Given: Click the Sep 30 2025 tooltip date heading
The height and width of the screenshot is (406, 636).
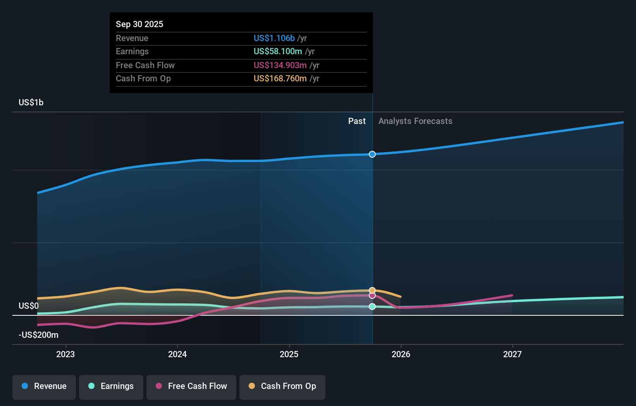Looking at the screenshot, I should (x=139, y=24).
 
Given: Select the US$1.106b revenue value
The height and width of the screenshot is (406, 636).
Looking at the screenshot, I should (x=274, y=38).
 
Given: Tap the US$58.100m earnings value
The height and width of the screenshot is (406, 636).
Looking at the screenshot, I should (x=278, y=51).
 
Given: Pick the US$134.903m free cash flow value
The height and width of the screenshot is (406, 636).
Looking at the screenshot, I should (x=280, y=65).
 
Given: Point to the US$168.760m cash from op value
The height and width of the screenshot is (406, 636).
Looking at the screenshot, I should (x=280, y=78).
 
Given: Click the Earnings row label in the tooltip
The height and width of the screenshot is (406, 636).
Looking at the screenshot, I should (x=132, y=51).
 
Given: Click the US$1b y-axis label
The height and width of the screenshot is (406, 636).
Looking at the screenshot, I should (x=31, y=102).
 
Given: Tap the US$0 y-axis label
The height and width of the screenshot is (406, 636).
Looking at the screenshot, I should (x=29, y=306).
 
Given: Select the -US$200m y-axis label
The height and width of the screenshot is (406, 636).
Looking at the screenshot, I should (x=38, y=335).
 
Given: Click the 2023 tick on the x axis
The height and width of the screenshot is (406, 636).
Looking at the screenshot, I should (x=65, y=354).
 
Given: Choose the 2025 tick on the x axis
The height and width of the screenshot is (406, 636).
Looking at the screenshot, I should (x=289, y=354).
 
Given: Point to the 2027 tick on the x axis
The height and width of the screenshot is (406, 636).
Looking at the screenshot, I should (x=512, y=354).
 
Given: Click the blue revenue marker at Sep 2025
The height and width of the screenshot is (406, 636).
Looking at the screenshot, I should (x=372, y=154).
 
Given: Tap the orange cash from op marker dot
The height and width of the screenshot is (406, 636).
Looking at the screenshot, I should (x=372, y=290).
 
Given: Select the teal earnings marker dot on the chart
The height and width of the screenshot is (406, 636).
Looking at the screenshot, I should (x=372, y=306).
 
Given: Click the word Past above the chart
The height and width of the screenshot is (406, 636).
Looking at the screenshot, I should (x=357, y=121).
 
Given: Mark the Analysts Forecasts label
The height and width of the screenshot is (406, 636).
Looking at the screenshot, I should (x=415, y=121).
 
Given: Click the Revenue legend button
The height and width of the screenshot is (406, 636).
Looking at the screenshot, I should (x=44, y=387).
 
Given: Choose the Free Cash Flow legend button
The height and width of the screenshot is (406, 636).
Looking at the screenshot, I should (x=191, y=387).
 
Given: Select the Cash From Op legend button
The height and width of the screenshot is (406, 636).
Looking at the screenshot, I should (x=282, y=387).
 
